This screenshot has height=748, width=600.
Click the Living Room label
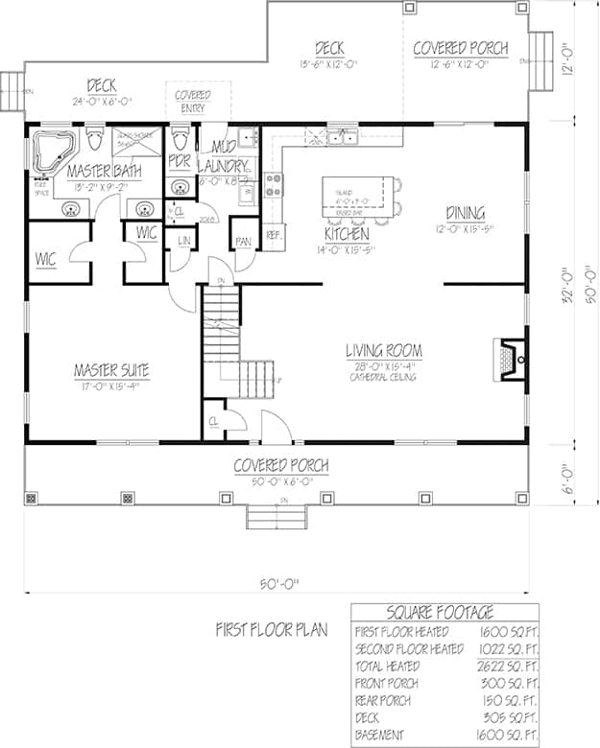coord(384,351)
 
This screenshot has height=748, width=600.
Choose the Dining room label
coord(465,213)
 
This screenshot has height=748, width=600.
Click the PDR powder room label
coord(180,160)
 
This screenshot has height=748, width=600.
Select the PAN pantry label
coord(243,242)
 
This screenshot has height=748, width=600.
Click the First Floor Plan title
coord(272,630)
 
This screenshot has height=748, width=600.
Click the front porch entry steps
coord(276,517)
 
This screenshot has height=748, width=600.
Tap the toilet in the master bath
coord(94,145)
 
